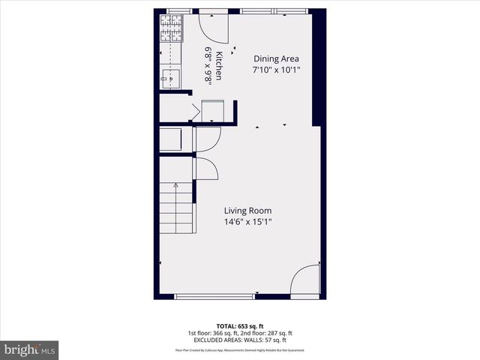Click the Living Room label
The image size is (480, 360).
tap(246, 211)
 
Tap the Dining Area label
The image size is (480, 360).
tap(277, 58)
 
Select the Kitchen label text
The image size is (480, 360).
tap(219, 65)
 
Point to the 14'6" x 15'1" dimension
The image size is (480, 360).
tap(246, 223)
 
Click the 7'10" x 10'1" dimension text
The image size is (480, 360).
tap(277, 70)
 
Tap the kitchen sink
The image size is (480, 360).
tap(169, 76)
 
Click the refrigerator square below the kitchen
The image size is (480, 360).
tap(212, 111)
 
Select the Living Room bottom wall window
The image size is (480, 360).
tap(215, 297)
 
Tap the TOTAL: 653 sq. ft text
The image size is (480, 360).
tap(240, 326)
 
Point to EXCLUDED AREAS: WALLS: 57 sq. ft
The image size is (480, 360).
tap(240, 340)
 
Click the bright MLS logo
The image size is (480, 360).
tap(30, 349)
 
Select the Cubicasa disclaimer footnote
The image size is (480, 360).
tap(240, 349)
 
